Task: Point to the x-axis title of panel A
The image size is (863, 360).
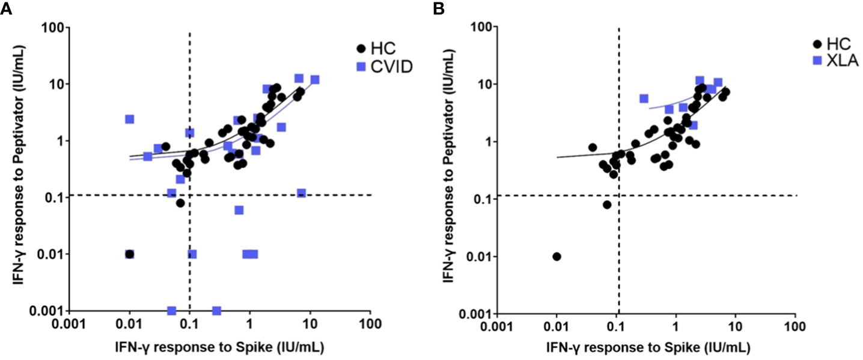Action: tap(219, 349)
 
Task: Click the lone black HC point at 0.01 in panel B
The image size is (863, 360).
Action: tap(557, 257)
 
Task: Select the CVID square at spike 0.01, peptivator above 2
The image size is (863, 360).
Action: tap(129, 119)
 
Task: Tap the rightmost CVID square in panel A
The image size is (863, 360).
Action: tap(314, 79)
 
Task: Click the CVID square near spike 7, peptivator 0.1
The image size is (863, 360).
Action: tap(301, 193)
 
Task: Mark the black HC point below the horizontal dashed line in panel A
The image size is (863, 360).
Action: tap(180, 203)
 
